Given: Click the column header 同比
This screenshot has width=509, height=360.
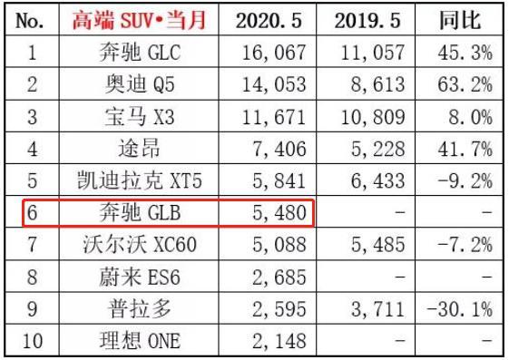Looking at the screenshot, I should pyautogui.click(x=461, y=20).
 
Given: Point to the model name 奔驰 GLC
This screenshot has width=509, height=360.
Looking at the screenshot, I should pyautogui.click(x=138, y=53).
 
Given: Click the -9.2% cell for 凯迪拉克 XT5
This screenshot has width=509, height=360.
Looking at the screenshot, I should pyautogui.click(x=461, y=182).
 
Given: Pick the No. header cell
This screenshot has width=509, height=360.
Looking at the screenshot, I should pyautogui.click(x=30, y=20).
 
